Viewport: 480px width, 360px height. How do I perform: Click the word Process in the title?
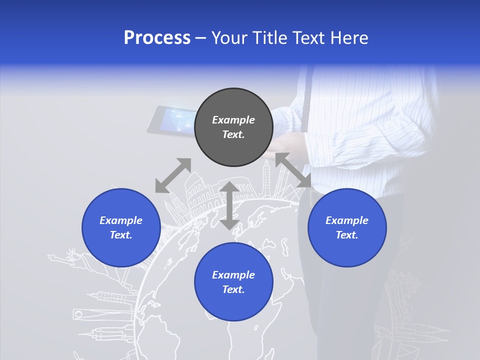coord(157,38)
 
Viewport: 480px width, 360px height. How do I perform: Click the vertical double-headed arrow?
coord(229,205)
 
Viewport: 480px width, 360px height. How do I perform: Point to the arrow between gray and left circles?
coord(173,175)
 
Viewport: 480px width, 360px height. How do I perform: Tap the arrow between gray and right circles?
coord(293,170)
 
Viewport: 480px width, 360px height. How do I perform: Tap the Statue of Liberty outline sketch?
coord(70,260)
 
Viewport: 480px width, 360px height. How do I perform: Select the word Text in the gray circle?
coord(233,134)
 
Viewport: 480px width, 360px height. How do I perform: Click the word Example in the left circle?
coord(121,220)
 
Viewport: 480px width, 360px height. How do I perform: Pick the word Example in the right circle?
coord(347,220)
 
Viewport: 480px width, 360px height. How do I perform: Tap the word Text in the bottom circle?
coord(233,289)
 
